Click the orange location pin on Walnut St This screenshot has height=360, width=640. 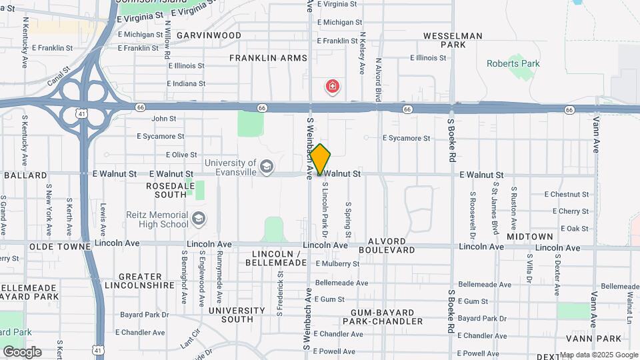point(321,160)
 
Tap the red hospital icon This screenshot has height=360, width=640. point(332,86)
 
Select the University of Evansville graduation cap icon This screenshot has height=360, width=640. point(267,167)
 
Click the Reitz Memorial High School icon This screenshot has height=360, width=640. point(199,219)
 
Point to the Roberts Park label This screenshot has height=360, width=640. point(513,64)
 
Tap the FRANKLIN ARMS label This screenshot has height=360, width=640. point(268,58)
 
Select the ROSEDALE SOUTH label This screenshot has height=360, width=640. point(167,189)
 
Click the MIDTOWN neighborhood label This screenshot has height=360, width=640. point(529,237)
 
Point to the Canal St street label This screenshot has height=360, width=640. point(59,78)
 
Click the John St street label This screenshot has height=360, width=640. point(163,119)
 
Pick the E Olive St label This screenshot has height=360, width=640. point(171,155)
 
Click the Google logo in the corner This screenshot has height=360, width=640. point(22,352)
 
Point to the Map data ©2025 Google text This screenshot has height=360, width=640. point(599,355)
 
